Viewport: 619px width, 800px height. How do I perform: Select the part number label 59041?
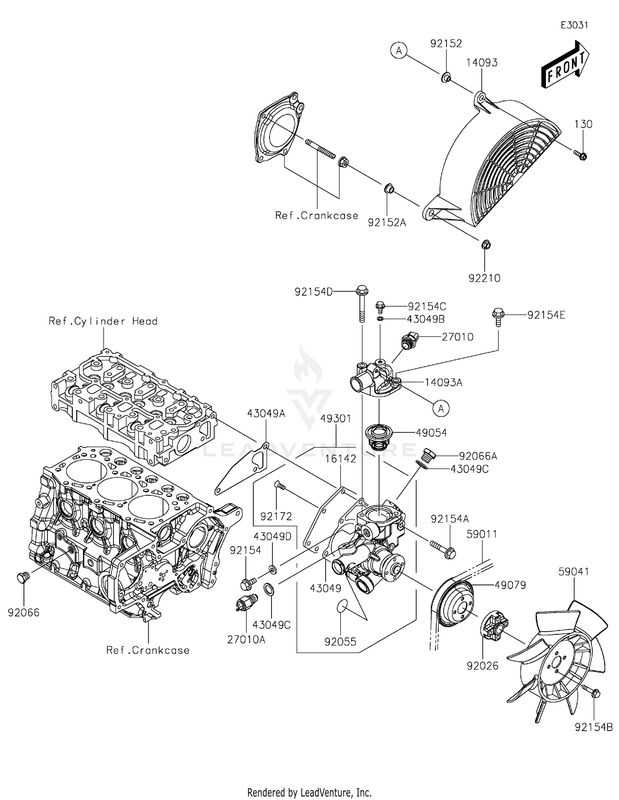tap(574, 572)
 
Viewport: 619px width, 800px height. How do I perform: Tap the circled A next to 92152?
tap(399, 51)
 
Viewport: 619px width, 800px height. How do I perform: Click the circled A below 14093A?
tap(441, 408)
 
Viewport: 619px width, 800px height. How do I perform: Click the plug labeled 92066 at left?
tap(24, 577)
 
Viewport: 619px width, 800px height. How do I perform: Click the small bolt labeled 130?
tap(581, 156)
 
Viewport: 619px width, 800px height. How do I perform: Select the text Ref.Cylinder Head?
tap(103, 321)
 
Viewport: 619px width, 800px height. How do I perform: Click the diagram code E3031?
tap(574, 25)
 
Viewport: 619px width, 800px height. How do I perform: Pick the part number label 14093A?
tap(444, 383)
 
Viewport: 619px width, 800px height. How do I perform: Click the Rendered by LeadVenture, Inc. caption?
tap(309, 792)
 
